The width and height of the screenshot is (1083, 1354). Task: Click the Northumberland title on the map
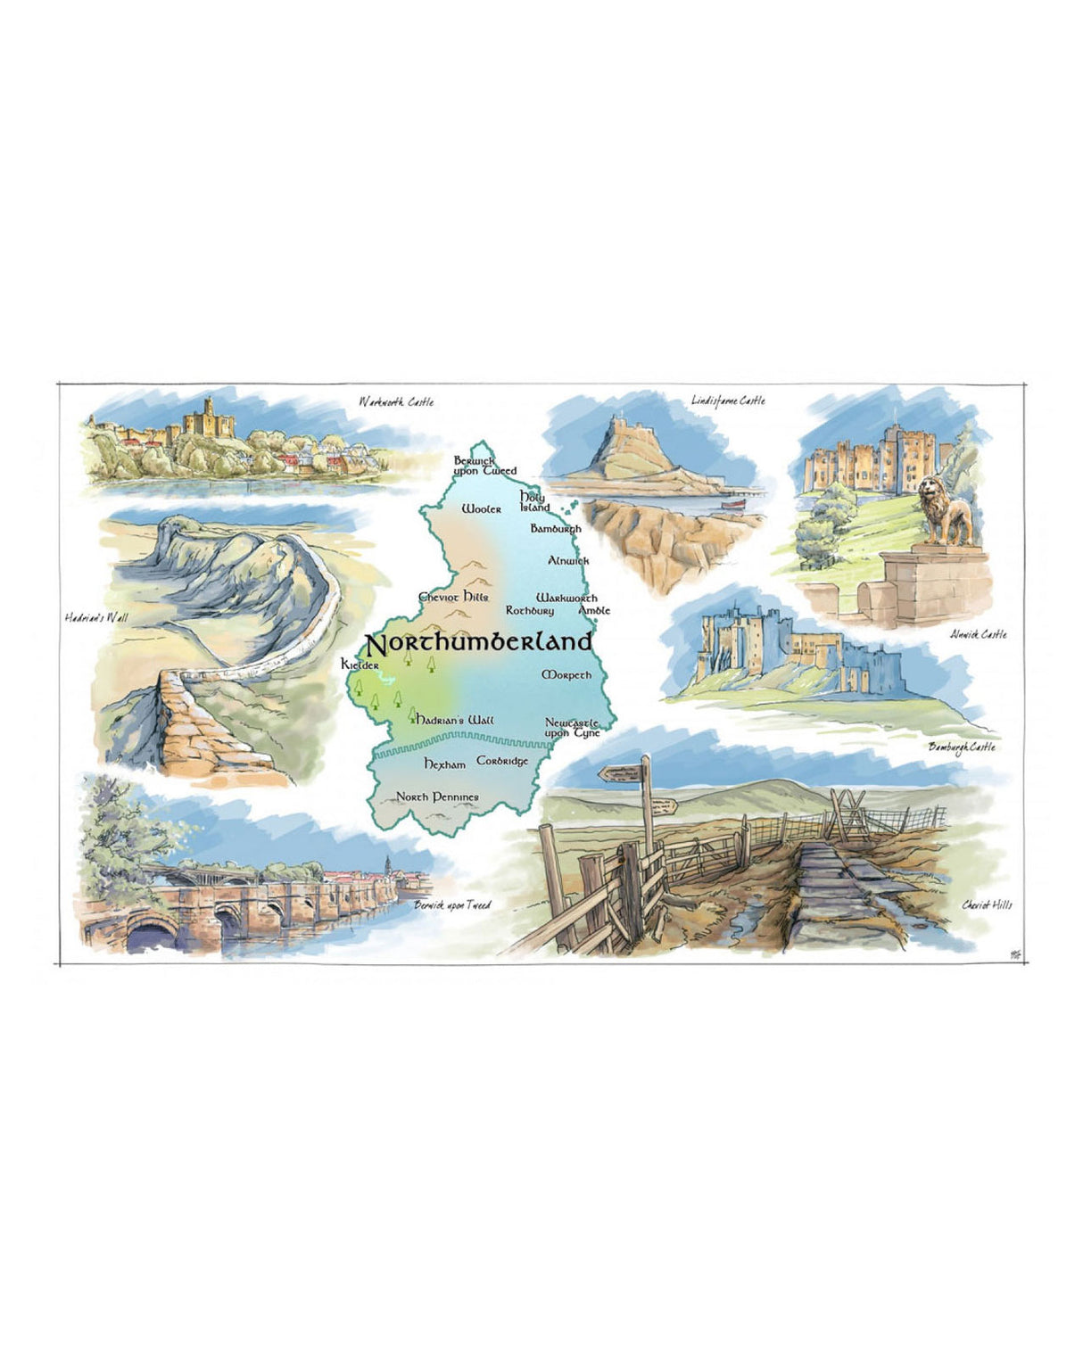pyautogui.click(x=478, y=642)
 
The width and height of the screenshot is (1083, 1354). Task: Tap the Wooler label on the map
pyautogui.click(x=482, y=509)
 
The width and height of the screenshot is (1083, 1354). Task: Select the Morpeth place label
pyautogui.click(x=566, y=675)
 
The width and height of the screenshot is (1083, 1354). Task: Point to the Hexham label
pyautogui.click(x=444, y=764)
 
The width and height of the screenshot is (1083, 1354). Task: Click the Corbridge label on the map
pyautogui.click(x=502, y=761)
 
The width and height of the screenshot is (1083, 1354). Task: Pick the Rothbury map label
pyautogui.click(x=530, y=611)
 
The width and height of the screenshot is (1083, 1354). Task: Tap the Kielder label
pyautogui.click(x=360, y=665)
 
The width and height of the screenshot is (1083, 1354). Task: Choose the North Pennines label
pyautogui.click(x=437, y=797)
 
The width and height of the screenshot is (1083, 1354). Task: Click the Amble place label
pyautogui.click(x=595, y=611)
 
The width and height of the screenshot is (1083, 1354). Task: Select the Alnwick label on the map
pyautogui.click(x=568, y=560)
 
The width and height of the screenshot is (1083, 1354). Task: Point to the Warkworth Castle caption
pyautogui.click(x=396, y=402)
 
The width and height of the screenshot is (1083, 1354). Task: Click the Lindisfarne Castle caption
pyautogui.click(x=728, y=400)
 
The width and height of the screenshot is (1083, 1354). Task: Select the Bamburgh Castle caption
pyautogui.click(x=961, y=747)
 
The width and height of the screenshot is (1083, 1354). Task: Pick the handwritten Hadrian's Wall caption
pyautogui.click(x=96, y=616)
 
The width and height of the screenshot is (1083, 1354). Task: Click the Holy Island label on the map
pyautogui.click(x=533, y=501)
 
